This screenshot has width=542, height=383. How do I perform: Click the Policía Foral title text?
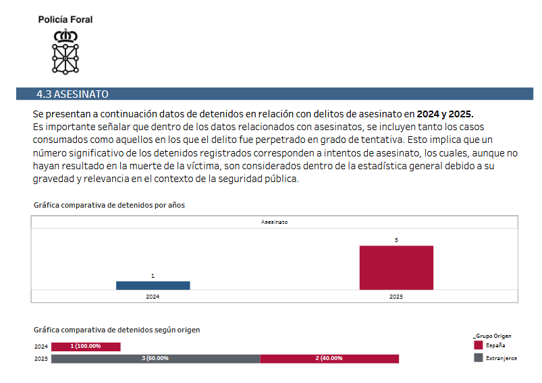[65, 20]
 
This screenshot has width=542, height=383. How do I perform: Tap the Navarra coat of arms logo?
[65, 52]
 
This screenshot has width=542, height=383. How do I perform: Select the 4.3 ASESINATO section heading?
[73, 94]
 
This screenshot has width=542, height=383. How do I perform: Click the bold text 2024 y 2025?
[445, 114]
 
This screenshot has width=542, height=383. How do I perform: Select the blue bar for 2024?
[153, 286]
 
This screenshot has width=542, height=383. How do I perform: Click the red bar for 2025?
[396, 268]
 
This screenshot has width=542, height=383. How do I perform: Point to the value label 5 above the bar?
[396, 240]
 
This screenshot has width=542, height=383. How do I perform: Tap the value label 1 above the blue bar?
[153, 276]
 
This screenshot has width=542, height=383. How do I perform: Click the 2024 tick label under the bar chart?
[153, 297]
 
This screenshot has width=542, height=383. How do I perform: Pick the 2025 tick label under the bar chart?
[396, 297]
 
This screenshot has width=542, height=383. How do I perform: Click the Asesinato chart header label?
[274, 222]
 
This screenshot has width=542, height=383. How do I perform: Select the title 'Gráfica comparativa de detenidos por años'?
[109, 205]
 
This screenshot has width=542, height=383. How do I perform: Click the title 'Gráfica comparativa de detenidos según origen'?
[117, 330]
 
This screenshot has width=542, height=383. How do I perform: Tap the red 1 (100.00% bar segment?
[86, 347]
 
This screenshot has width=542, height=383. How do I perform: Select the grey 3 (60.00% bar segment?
[155, 359]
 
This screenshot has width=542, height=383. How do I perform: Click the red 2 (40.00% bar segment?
[329, 359]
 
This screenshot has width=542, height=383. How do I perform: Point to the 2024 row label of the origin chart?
[41, 347]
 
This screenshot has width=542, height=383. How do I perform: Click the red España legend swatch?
[479, 345]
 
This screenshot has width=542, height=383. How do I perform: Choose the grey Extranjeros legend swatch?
[479, 357]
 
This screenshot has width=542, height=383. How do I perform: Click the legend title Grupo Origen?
[492, 336]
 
